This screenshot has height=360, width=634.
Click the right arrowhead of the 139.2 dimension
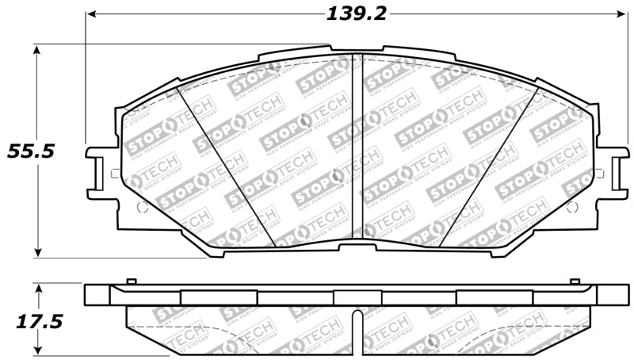click(621, 13)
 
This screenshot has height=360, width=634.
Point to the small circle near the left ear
click(143, 207)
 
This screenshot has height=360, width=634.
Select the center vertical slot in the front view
click(356, 147)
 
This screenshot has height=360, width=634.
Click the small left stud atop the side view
click(132, 281)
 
